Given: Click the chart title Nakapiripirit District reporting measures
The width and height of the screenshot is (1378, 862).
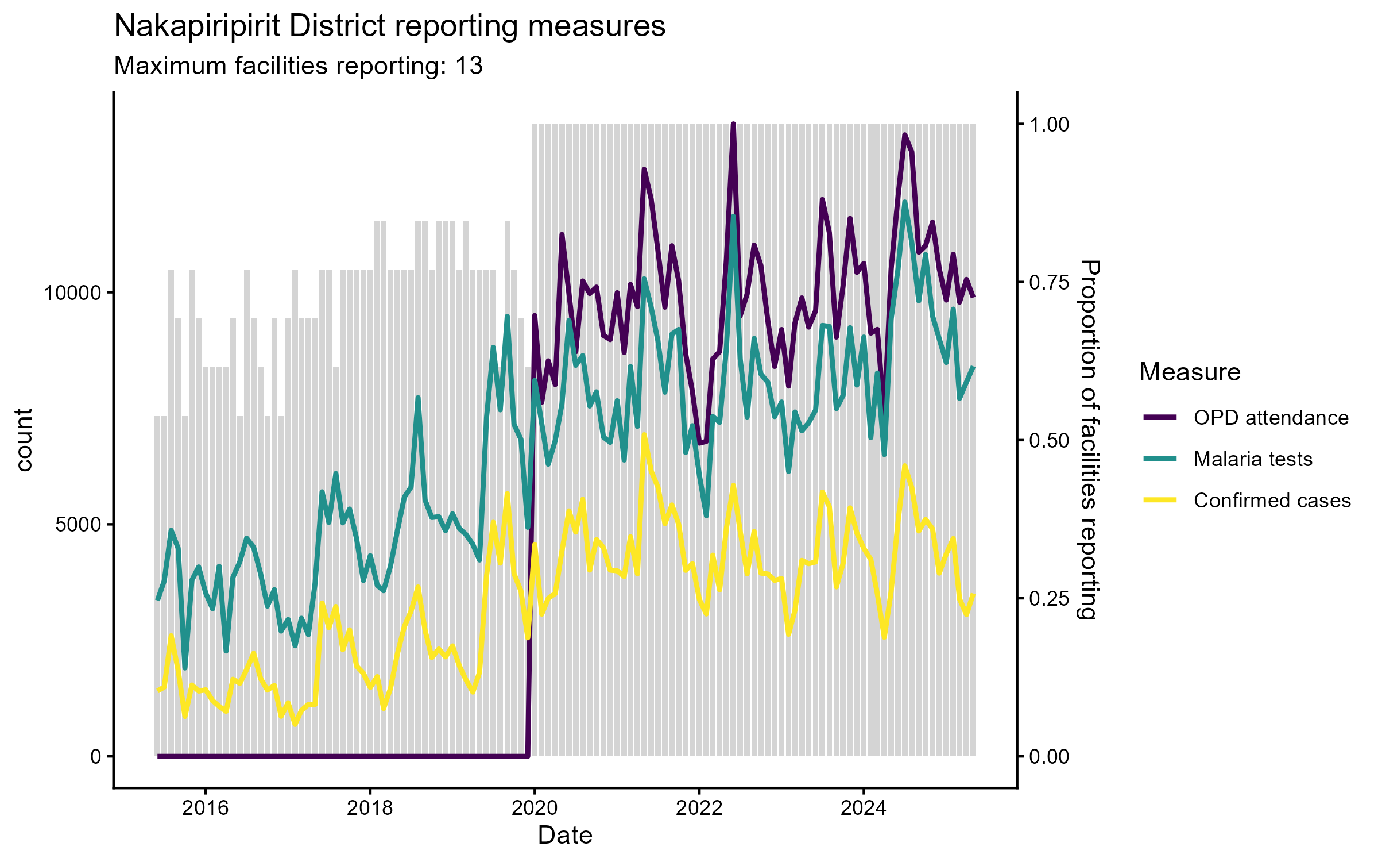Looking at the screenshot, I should click(x=389, y=26).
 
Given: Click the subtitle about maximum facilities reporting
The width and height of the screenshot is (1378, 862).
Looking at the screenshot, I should click(x=298, y=66).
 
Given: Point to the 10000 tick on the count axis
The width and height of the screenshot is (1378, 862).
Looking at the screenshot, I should click(x=73, y=293).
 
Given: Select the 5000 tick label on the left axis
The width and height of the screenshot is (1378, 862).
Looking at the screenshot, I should click(x=79, y=525).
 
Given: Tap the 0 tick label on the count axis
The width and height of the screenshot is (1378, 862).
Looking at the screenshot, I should click(x=96, y=757).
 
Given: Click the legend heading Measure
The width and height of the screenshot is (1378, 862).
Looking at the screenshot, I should click(x=1190, y=372).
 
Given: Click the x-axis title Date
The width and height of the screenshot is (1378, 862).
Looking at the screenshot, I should click(x=565, y=836).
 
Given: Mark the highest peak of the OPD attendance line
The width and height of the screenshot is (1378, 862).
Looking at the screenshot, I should click(x=733, y=124).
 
